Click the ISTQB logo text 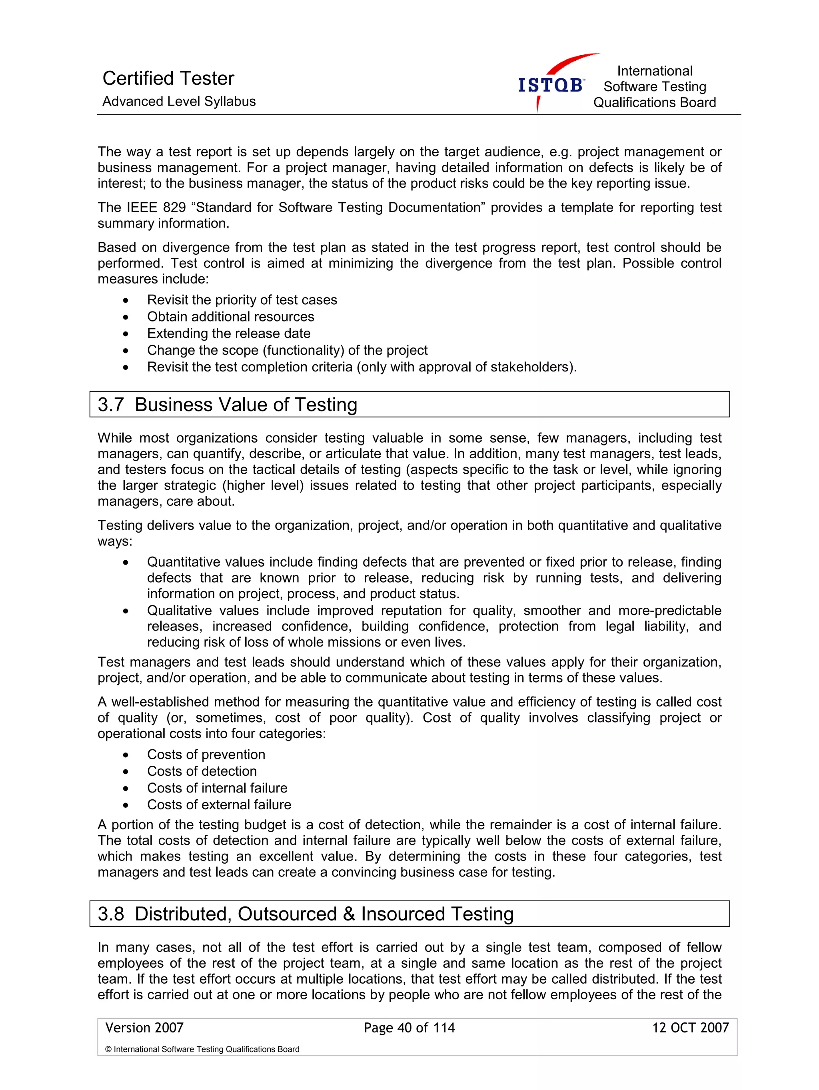tap(550, 86)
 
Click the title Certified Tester tap(168, 78)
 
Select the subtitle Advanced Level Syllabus tap(179, 102)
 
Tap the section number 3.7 tap(110, 405)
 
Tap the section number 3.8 tap(110, 914)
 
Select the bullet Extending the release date tap(229, 333)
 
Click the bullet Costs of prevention tap(206, 755)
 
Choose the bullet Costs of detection tap(202, 771)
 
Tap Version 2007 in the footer tap(144, 1028)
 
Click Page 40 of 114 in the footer tap(409, 1028)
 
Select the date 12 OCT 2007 tap(690, 1028)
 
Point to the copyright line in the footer tap(202, 1049)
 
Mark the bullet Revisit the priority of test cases tap(242, 300)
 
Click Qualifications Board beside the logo tap(654, 102)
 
